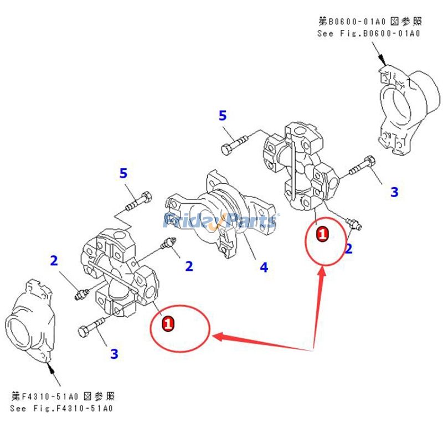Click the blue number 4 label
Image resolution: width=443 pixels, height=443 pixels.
264,267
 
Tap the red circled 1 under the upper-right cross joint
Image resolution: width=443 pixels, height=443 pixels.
322,234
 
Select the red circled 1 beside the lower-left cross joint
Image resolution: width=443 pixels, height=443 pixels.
167,321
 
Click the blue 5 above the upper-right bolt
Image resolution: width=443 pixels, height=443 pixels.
223,116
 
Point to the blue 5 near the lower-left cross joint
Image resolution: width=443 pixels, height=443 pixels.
123,173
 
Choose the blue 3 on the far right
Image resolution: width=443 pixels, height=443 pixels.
394,192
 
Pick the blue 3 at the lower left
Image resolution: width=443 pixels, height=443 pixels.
114,353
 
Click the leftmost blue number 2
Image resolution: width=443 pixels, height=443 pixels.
54,260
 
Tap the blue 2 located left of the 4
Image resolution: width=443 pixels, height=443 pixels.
189,266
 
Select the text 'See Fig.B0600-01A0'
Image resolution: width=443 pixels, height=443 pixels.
369,33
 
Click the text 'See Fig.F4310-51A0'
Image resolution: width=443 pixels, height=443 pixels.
61,409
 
